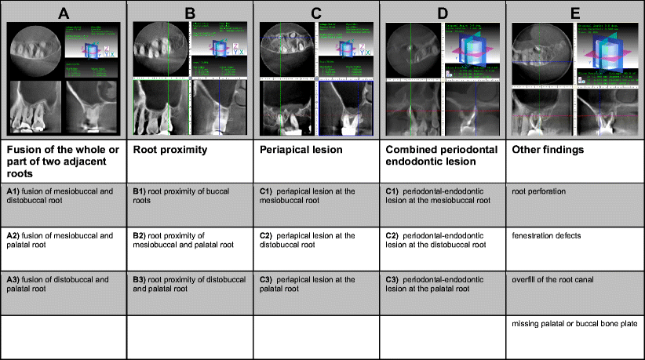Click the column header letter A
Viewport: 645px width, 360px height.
64,11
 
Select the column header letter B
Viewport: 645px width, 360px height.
190,11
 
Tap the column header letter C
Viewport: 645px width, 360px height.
316,11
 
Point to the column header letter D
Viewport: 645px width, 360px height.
443,11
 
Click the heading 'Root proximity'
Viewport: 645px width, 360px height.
166,149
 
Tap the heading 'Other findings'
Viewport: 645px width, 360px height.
545,149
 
